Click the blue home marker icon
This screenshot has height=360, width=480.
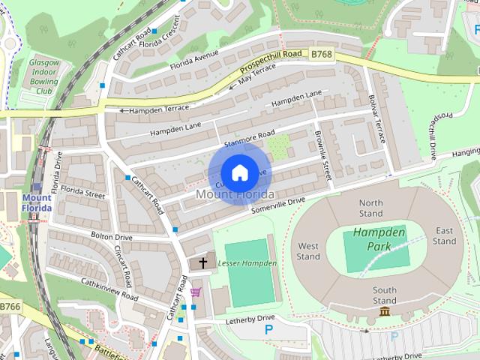pyautogui.click(x=238, y=172)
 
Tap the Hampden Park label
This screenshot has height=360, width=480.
pyautogui.click(x=379, y=239)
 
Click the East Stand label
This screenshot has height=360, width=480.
pyautogui.click(x=444, y=235)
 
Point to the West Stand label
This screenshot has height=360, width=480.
pyautogui.click(x=308, y=251)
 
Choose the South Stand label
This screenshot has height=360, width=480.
pyautogui.click(x=385, y=295)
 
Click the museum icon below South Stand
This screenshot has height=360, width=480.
pyautogui.click(x=385, y=311)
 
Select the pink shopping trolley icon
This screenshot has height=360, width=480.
pyautogui.click(x=196, y=292)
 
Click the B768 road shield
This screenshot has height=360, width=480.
pyautogui.click(x=322, y=53)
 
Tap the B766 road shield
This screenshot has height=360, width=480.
pyautogui.click(x=10, y=307)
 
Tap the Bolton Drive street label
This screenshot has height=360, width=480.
pyautogui.click(x=111, y=237)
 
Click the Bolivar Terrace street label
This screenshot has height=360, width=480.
pyautogui.click(x=378, y=118)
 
